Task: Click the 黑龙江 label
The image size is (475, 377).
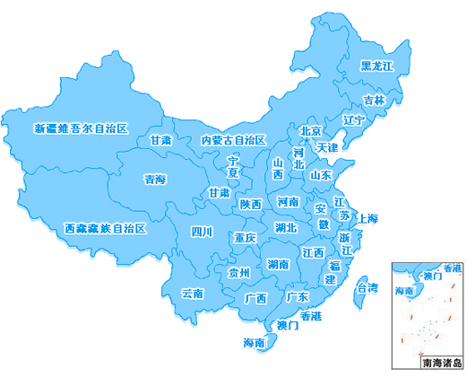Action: coord(376,66)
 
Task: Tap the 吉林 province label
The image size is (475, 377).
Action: coord(374,101)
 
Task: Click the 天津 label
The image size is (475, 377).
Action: coord(326,146)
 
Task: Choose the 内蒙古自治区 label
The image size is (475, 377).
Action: coord(233,140)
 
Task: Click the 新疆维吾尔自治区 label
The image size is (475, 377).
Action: coord(82,128)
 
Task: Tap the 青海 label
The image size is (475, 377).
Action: coord(154,180)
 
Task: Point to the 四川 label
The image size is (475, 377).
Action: coord(202,232)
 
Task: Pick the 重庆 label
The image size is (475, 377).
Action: coord(245,239)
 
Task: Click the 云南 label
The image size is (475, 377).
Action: coord(193,294)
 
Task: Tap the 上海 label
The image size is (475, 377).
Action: coord(367,218)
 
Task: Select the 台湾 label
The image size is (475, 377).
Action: coord(367,288)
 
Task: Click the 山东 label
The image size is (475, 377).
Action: coord(320,176)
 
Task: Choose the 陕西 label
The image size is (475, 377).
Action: coord(251,204)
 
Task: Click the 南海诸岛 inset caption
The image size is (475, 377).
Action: coord(440,363)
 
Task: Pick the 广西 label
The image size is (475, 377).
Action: coord(255,298)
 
